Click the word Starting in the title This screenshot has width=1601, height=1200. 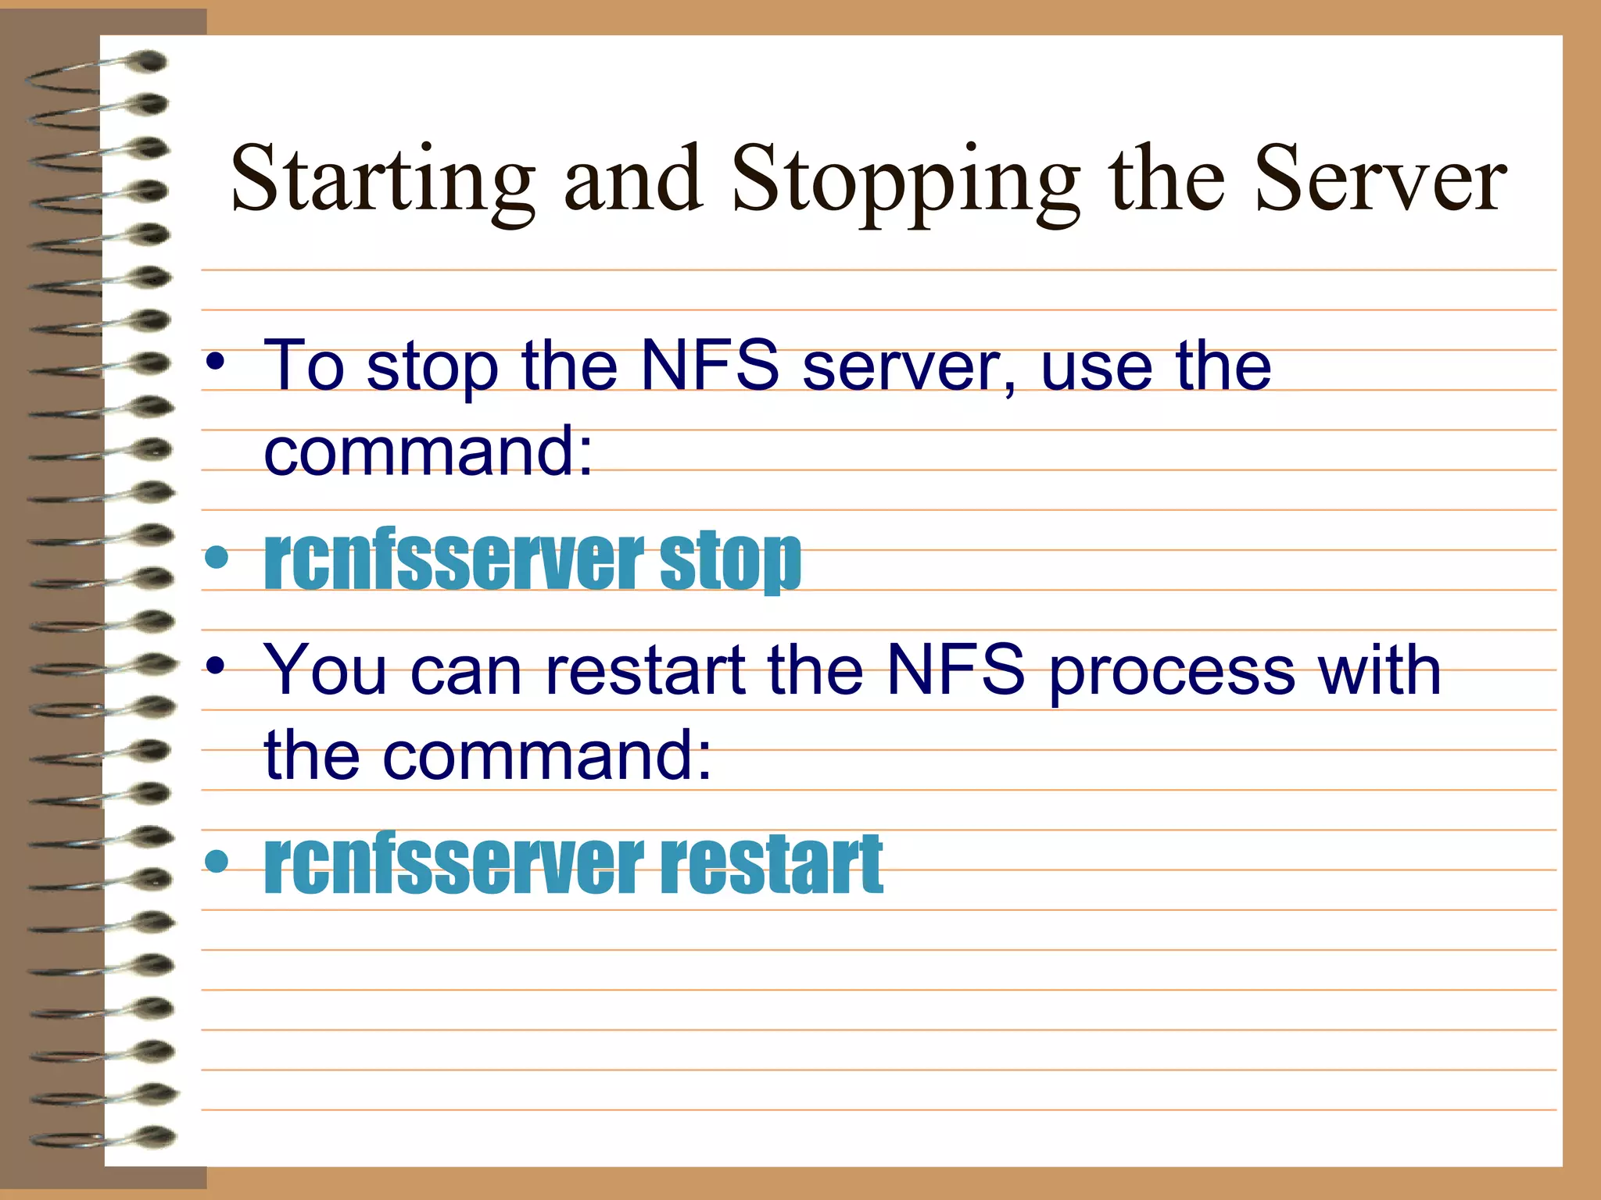(383, 181)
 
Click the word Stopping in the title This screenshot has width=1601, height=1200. (905, 181)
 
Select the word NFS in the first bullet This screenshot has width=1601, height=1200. (709, 366)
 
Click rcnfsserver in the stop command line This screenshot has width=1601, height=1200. (454, 560)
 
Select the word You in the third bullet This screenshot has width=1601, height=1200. (324, 670)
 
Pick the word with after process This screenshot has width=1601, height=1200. (1379, 670)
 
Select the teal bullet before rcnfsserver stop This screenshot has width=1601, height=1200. (217, 558)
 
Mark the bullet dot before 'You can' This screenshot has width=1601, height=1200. (216, 666)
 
